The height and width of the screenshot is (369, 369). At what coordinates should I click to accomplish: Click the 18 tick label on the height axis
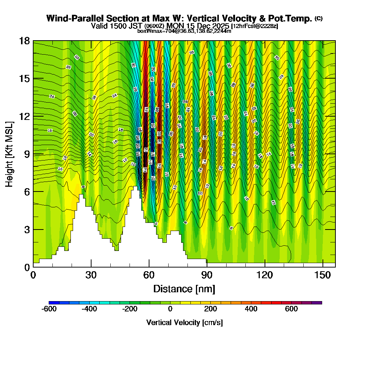pyautogui.click(x=24, y=41)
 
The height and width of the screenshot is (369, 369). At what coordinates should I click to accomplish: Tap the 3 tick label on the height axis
pyautogui.click(x=27, y=229)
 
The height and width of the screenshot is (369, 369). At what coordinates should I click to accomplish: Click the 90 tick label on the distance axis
pyautogui.click(x=207, y=275)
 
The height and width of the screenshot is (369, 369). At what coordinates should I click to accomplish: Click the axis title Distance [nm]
pyautogui.click(x=184, y=289)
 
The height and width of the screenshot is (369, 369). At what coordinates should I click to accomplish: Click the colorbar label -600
pyautogui.click(x=49, y=309)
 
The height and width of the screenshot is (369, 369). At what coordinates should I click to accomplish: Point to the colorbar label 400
pyautogui.click(x=251, y=309)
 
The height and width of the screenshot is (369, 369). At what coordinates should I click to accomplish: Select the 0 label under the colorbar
pyautogui.click(x=170, y=309)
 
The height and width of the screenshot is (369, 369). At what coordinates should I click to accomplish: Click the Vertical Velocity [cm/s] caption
pyautogui.click(x=184, y=323)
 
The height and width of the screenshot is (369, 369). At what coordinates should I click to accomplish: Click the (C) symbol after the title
pyautogui.click(x=318, y=18)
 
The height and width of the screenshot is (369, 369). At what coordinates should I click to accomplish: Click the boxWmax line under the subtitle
pyautogui.click(x=184, y=31)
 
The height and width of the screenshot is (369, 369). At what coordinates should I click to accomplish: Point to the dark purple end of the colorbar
pyautogui.click(x=319, y=303)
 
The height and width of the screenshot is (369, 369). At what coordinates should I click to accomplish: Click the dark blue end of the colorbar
pyautogui.click(x=51, y=303)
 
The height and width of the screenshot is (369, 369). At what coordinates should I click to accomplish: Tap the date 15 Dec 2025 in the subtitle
pyautogui.click(x=208, y=26)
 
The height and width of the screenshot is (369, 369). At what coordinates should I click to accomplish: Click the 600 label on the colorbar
pyautogui.click(x=292, y=309)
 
